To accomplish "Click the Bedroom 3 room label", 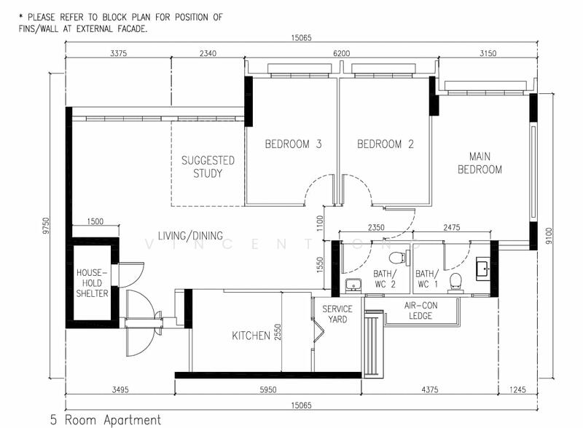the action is (293, 144).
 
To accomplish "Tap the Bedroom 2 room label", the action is (386, 144).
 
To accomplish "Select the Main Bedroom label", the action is (480, 163).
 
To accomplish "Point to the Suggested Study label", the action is (208, 167).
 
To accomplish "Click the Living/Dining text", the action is (190, 236).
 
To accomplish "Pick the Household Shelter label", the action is (93, 283).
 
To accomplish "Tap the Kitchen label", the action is (251, 336).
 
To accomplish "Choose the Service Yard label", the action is (337, 314).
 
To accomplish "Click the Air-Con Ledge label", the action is (421, 311).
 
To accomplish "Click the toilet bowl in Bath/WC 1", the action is (455, 281).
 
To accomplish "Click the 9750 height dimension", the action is (45, 226).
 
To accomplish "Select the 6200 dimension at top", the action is (341, 53).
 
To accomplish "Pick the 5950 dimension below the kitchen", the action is (268, 389).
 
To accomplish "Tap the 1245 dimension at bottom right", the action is (517, 389).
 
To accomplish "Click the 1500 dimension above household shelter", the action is (95, 221).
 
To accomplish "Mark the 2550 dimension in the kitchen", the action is (278, 332).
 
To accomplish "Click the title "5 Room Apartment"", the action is (106, 420).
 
